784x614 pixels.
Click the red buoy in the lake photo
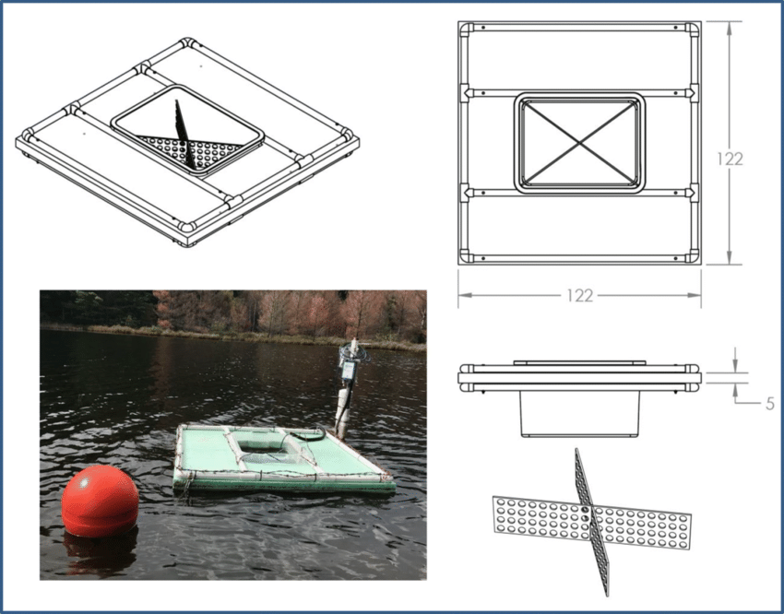coord(100,498)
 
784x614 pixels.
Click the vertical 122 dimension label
coord(730,159)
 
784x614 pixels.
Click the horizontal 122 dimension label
coord(579,296)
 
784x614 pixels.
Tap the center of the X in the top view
coord(579,142)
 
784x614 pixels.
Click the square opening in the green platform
coord(267,448)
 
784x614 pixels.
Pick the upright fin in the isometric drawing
coord(184,134)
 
